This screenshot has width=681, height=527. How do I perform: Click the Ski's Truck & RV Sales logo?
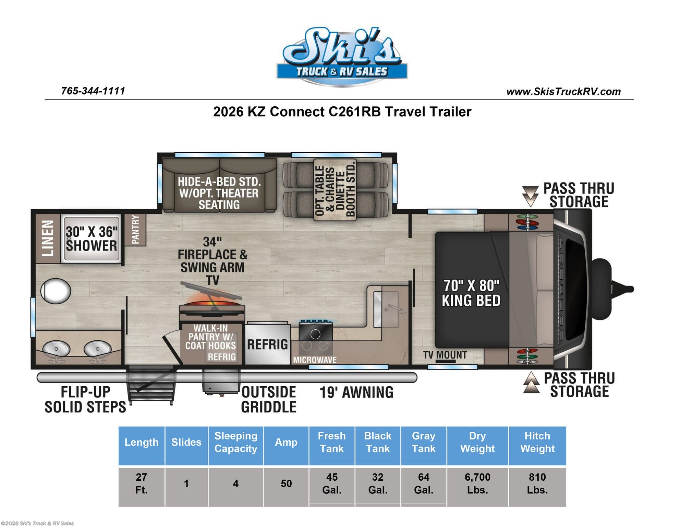click(x=342, y=57)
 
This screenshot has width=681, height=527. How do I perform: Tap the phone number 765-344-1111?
click(x=93, y=91)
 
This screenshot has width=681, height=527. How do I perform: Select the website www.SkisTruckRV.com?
click(x=563, y=92)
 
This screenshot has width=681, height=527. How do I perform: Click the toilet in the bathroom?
click(x=56, y=291)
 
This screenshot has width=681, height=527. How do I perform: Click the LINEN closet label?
click(x=48, y=238)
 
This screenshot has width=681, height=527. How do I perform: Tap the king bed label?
click(x=471, y=293)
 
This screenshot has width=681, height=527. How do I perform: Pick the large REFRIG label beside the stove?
click(x=267, y=344)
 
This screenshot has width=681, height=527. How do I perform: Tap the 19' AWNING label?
click(x=356, y=393)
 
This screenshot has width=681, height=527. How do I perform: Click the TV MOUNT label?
click(x=445, y=355)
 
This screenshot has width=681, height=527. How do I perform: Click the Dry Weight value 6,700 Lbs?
click(x=477, y=483)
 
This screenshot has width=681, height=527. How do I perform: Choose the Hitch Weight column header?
click(x=537, y=442)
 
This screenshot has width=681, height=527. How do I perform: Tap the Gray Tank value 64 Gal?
click(x=424, y=483)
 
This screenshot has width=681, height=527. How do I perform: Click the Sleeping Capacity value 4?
click(x=236, y=484)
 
